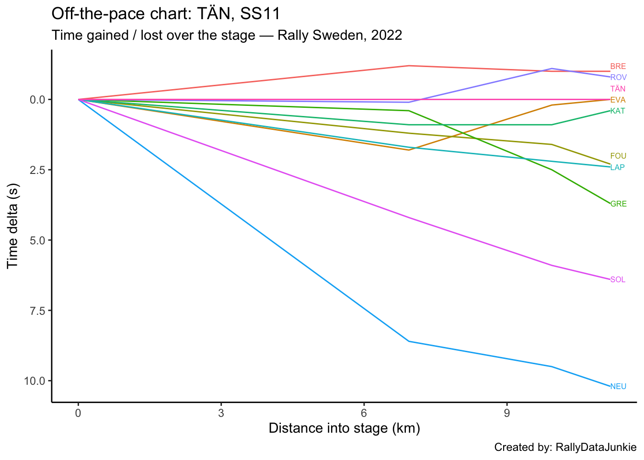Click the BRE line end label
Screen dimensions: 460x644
[618, 67]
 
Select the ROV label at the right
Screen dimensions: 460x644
[618, 77]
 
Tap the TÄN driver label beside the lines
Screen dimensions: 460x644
[618, 89]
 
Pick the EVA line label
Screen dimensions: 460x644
[618, 100]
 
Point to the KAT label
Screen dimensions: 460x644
[618, 111]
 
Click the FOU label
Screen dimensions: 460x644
[618, 156]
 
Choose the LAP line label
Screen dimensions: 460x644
[618, 167]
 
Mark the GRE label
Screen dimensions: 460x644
[618, 204]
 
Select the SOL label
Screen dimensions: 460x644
[618, 279]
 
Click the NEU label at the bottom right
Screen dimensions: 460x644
[618, 386]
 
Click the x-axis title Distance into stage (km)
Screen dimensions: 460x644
[344, 428]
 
